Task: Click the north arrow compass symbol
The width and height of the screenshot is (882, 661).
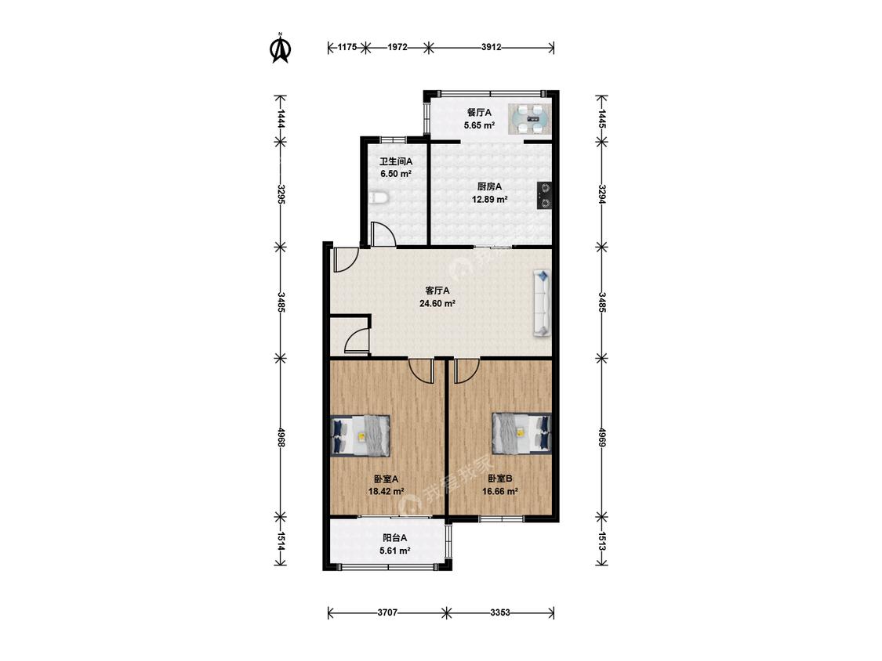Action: [x=280, y=49]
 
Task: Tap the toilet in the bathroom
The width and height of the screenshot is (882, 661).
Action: [x=379, y=198]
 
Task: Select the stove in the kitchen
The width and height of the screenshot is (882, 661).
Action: [x=544, y=196]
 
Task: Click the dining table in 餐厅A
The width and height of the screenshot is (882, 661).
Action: [x=530, y=119]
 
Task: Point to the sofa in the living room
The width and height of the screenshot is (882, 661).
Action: [x=543, y=304]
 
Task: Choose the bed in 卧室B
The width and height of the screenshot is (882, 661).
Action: [x=521, y=433]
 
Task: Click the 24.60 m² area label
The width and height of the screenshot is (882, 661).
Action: [x=437, y=304]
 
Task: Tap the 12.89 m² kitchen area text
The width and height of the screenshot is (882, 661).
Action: [x=489, y=199]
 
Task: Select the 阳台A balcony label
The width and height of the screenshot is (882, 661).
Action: [x=394, y=539]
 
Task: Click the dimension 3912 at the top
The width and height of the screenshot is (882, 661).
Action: [x=491, y=47]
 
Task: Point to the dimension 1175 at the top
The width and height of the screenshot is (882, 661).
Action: [x=347, y=47]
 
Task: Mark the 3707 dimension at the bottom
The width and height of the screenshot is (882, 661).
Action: [x=387, y=612]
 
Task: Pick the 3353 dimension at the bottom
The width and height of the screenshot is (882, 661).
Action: [x=500, y=612]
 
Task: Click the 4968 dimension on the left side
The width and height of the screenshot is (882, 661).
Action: [x=281, y=437]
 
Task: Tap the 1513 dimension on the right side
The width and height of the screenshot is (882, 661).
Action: [x=601, y=541]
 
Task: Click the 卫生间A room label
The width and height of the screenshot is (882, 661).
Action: [x=396, y=161]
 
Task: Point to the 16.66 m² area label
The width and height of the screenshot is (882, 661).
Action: [x=499, y=491]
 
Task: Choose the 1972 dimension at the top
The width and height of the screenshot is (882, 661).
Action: [x=397, y=47]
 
